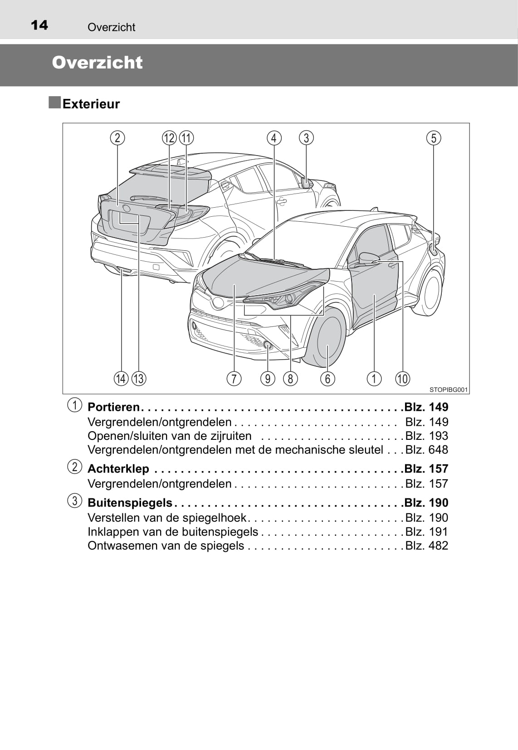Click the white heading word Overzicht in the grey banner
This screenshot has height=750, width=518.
click(97, 63)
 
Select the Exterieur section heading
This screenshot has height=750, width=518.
click(91, 104)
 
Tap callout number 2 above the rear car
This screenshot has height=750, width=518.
click(117, 138)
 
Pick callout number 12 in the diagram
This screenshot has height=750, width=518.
click(169, 138)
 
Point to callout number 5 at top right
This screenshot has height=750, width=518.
click(434, 138)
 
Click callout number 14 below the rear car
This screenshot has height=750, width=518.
click(121, 378)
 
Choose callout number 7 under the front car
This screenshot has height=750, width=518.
click(234, 378)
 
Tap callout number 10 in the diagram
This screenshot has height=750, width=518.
click(403, 378)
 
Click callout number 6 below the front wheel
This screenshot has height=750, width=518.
click(327, 378)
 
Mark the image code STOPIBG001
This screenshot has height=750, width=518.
click(448, 390)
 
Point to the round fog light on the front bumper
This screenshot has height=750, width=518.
click(268, 346)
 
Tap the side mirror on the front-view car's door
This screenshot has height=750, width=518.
click(369, 258)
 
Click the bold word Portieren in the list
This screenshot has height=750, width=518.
click(113, 407)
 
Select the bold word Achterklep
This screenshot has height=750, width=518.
click(118, 468)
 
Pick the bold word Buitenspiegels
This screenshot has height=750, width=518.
click(130, 502)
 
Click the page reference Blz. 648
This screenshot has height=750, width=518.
click(426, 450)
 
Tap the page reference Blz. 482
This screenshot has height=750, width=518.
click(426, 545)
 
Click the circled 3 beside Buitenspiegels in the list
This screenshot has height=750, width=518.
click(75, 501)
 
